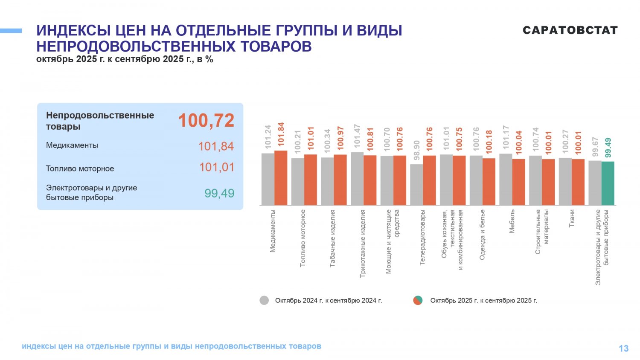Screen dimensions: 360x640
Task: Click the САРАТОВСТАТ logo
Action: tap(570, 30)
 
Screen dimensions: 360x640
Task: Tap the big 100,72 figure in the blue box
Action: tap(206, 120)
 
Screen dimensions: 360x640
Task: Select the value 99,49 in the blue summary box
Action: tap(219, 193)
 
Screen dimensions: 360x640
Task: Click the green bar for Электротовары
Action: tap(608, 183)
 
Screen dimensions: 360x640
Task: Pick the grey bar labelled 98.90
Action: tap(416, 185)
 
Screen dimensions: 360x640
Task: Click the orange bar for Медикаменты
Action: tap(281, 178)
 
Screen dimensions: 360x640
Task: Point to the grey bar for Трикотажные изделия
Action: tap(357, 179)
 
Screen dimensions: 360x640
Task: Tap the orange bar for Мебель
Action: tap(518, 182)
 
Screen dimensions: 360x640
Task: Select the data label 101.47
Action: tap(358, 136)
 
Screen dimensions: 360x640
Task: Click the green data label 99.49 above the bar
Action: tap(608, 148)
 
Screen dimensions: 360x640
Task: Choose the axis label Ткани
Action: tap(572, 218)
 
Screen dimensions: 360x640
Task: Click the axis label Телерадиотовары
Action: tap(422, 237)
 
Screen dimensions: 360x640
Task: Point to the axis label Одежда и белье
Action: tap(482, 235)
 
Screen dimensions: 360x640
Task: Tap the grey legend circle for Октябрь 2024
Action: tap(264, 300)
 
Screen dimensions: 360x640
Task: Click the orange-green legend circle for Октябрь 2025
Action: tap(418, 300)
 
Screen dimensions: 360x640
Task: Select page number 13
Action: tap(623, 348)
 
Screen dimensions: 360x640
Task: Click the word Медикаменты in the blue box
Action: tap(72, 145)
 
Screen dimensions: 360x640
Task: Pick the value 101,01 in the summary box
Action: tap(217, 167)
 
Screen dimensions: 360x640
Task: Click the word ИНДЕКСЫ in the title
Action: tap(73, 31)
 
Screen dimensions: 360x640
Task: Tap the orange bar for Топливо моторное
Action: tap(311, 180)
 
